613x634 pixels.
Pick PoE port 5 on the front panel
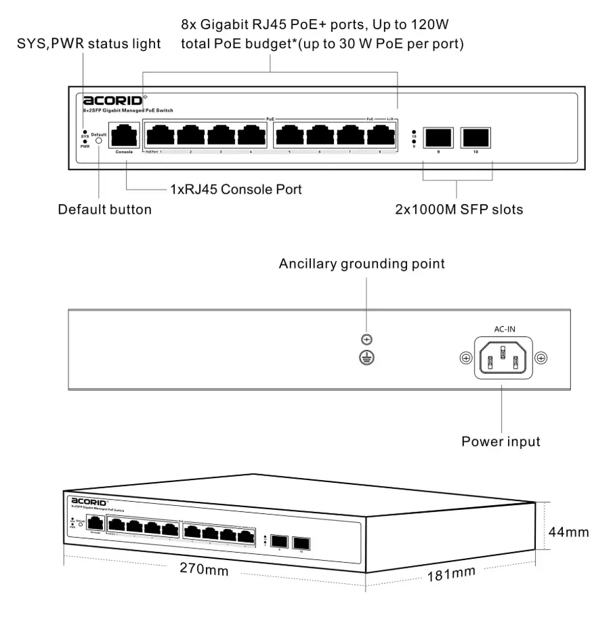pos(289,136)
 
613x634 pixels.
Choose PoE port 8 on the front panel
pos(381,136)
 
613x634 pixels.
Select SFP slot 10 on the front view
pos(475,138)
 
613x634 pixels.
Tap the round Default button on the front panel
pos(99,141)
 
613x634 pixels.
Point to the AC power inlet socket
pos(502,357)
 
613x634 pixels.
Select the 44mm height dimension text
pos(568,532)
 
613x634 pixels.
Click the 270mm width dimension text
pos(204,569)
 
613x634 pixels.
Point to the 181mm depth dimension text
pos(451,574)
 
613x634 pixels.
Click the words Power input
pos(501,442)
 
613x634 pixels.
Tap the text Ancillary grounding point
pos(362,264)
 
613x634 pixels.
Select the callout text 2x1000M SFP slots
pos(459,210)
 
